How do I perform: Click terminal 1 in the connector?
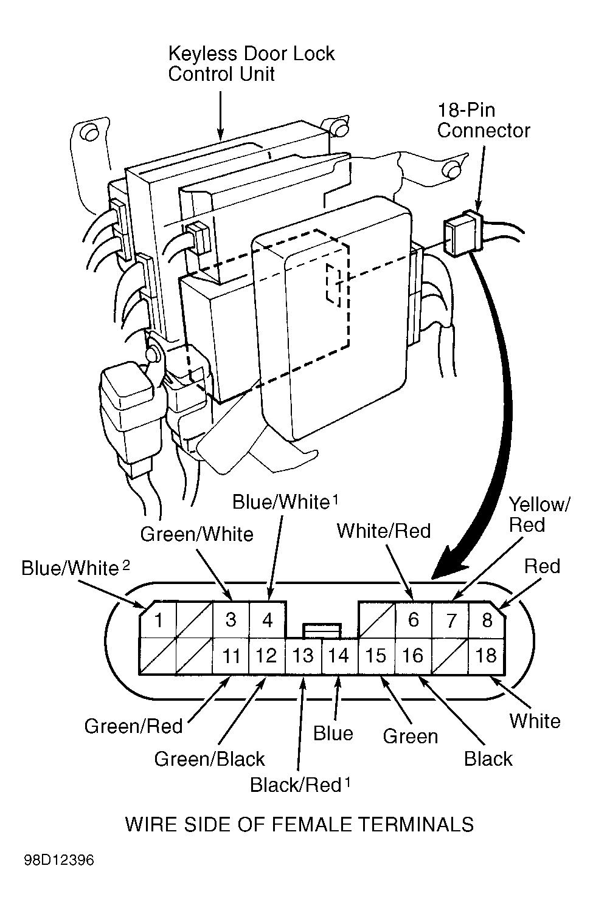(x=158, y=620)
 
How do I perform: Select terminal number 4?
(x=268, y=620)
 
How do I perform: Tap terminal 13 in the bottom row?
(x=303, y=656)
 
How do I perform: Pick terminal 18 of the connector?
(x=486, y=656)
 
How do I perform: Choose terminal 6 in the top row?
(x=414, y=620)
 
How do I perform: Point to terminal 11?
(x=231, y=656)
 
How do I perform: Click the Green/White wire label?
(x=196, y=534)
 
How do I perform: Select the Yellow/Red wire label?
(x=539, y=514)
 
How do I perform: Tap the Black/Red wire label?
(x=296, y=785)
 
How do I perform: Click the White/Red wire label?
(x=384, y=531)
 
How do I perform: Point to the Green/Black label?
(x=209, y=758)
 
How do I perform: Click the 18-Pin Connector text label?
(x=484, y=120)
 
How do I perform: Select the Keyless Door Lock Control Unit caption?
(x=251, y=64)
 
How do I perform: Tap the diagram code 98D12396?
(x=60, y=861)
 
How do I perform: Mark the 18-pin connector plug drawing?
(x=464, y=234)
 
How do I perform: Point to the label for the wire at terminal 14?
(x=333, y=734)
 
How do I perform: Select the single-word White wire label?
(x=535, y=721)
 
